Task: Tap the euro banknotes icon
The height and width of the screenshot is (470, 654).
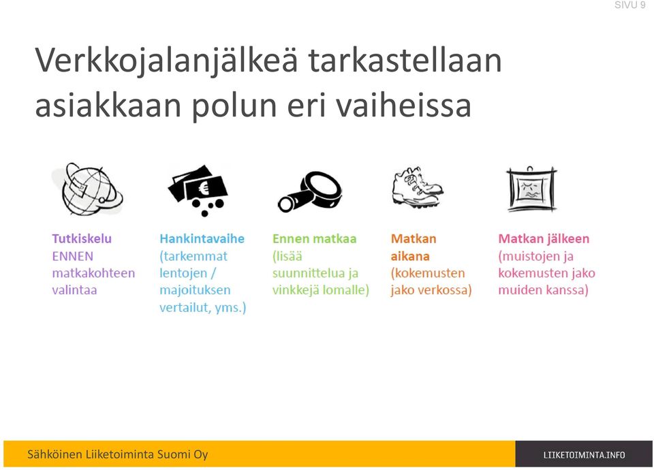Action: click(x=198, y=190)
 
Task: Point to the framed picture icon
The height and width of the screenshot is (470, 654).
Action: click(x=531, y=189)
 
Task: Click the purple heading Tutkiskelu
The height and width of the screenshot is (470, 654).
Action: click(x=82, y=239)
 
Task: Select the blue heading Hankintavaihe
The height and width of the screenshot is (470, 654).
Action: click(x=202, y=239)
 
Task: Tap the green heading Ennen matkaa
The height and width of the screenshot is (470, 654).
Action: click(x=315, y=239)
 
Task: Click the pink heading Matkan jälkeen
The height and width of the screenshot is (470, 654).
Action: click(x=544, y=239)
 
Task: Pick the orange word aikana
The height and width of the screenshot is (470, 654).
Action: click(x=410, y=256)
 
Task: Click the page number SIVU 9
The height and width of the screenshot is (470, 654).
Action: click(x=629, y=5)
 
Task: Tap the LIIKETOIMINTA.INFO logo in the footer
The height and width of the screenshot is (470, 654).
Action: click(x=584, y=455)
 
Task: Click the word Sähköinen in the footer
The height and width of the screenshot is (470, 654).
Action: click(x=54, y=454)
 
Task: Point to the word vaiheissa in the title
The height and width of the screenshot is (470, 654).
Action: click(x=403, y=106)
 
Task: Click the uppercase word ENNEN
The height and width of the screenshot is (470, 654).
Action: click(x=73, y=256)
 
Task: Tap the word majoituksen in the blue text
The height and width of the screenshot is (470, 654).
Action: click(x=195, y=290)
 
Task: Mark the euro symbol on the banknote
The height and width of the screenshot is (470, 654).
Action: click(x=204, y=189)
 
